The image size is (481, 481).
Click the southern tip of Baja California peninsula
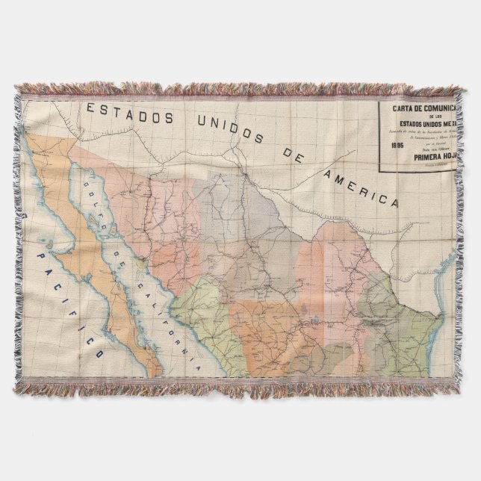point(155,370)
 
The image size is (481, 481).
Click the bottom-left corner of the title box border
point(377,171)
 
